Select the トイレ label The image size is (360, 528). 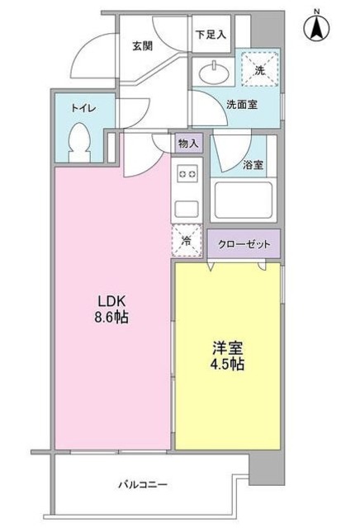point(82,107)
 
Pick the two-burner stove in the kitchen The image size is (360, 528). point(187,174)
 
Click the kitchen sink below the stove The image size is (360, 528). point(187,206)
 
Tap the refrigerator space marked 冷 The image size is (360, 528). point(187,241)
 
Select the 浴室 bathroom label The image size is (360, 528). point(253,164)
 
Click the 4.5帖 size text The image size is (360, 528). point(226,365)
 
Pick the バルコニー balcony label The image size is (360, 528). point(142,485)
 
